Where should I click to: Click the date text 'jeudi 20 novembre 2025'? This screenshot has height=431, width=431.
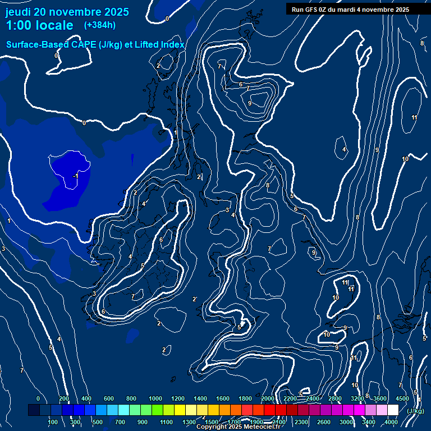point(67,12)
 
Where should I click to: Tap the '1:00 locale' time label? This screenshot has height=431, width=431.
point(39,25)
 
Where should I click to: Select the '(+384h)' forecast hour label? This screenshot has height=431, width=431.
point(99,25)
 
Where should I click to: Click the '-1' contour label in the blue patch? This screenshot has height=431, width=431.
point(76,176)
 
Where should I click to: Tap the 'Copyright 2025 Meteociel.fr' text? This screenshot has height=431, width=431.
point(238,427)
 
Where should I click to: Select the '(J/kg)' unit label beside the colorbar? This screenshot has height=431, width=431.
point(415,411)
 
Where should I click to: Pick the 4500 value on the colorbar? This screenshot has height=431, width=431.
point(402,398)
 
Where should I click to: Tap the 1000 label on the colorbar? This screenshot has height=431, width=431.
point(155,398)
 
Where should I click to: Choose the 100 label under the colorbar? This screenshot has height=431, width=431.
point(53,422)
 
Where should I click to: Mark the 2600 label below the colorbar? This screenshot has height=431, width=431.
point(323,422)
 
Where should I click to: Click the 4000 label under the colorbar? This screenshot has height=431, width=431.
point(391,422)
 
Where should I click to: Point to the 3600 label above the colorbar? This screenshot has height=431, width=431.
point(380,398)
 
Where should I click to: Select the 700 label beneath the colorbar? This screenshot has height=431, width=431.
point(120,422)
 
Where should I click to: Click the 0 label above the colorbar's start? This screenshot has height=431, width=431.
point(38,398)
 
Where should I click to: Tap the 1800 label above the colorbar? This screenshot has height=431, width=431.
point(245,398)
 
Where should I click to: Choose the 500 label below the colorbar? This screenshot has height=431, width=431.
point(98,422)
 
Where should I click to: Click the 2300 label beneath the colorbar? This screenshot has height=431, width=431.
point(301,422)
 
